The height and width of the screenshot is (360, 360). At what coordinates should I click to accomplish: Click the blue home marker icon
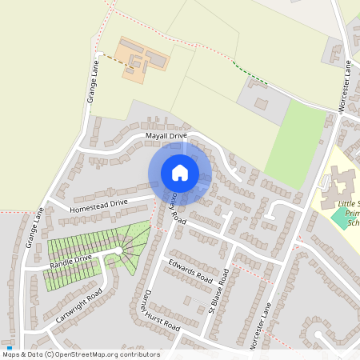point(180,172)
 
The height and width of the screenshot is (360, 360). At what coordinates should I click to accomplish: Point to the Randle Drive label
point(72,261)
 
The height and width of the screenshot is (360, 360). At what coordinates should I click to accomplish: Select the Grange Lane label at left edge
point(34,228)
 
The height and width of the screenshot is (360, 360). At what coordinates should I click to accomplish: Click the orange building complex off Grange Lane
point(142,58)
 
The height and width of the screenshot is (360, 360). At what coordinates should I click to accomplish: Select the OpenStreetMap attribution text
point(80,354)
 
